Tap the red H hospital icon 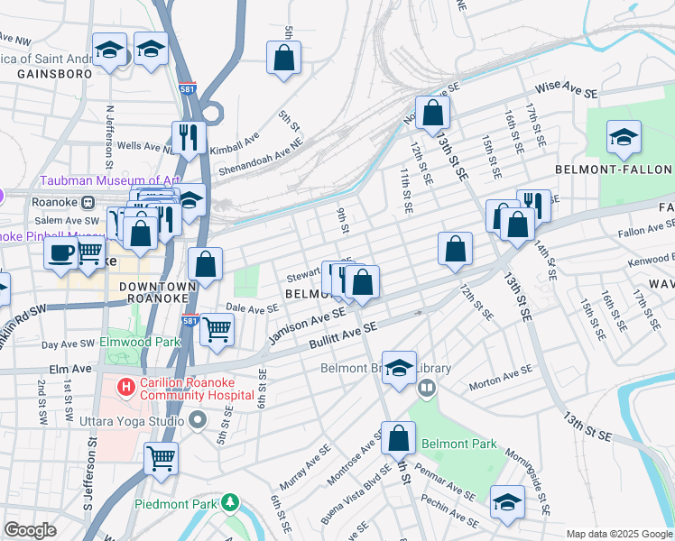tap(126, 386)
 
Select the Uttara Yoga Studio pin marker tap(199, 421)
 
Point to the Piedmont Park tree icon tap(231, 502)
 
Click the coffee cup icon tap(61, 253)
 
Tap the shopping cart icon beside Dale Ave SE tap(217, 329)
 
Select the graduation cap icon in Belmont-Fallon tap(624, 137)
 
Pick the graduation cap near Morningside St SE tap(507, 503)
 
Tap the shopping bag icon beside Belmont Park tap(398, 438)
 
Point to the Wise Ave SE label tap(567, 92)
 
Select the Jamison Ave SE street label tap(308, 325)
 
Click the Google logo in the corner tap(30, 530)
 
